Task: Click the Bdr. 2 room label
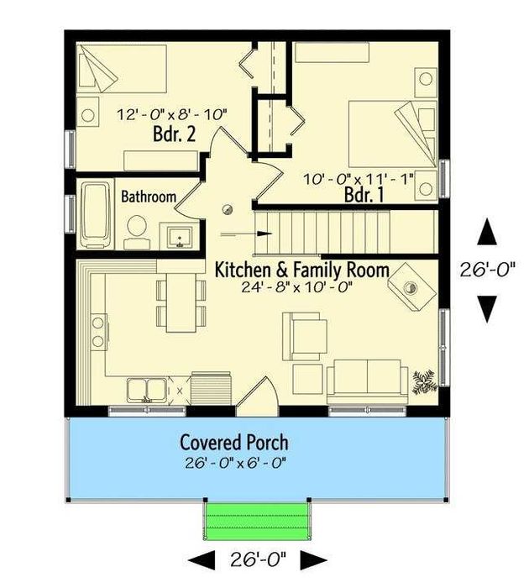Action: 175,134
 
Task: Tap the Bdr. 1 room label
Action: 364,195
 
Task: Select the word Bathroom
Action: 149,197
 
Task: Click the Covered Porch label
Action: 234,442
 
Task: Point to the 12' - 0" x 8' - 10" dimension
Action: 172,114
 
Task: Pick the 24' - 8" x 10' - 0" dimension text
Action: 296,287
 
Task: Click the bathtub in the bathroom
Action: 95,215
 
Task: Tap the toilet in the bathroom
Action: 137,233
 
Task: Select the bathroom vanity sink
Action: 180,237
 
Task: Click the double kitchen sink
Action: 147,390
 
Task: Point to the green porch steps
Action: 257,522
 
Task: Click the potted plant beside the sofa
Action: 424,381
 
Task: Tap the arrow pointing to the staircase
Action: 245,234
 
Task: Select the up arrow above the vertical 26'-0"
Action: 487,232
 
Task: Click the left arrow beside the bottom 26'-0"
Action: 202,560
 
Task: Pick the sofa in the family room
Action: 368,381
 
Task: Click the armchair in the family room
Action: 305,336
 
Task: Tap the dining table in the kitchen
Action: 181,302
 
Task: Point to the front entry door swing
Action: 258,396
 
